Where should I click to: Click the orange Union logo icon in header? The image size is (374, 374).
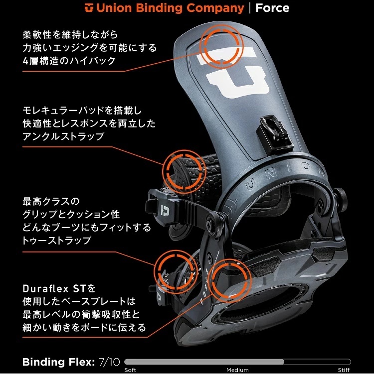pos(89,7)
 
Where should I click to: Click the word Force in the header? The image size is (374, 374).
pos(272,8)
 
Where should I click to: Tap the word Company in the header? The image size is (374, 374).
pos(215,8)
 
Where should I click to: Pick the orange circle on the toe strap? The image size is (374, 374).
pos(176,271)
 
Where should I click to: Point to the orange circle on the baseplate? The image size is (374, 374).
pos(230,279)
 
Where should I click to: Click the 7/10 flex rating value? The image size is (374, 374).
pos(109,362)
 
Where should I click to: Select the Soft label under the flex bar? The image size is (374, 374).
pos(130,370)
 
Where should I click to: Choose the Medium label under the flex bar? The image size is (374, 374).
pos(237,370)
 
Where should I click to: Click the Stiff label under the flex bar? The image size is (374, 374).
pos(344,370)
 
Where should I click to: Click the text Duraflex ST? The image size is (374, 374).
pos(54,289)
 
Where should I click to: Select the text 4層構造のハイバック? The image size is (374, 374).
pos(69,61)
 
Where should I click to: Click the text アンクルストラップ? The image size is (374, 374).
pos(63,136)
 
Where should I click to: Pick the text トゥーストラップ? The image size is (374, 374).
pos(57,240)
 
